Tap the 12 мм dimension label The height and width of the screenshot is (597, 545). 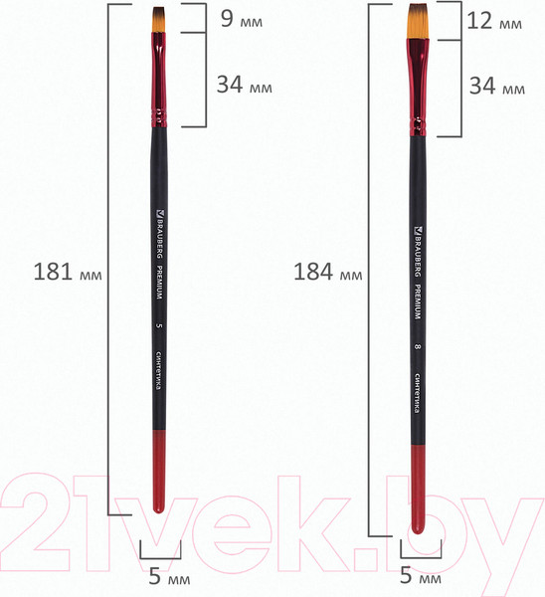tap(495, 21)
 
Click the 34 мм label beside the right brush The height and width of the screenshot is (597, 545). tap(495, 87)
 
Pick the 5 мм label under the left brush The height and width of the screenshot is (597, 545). tap(160, 575)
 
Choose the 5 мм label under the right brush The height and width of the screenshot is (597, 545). tap(420, 575)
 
